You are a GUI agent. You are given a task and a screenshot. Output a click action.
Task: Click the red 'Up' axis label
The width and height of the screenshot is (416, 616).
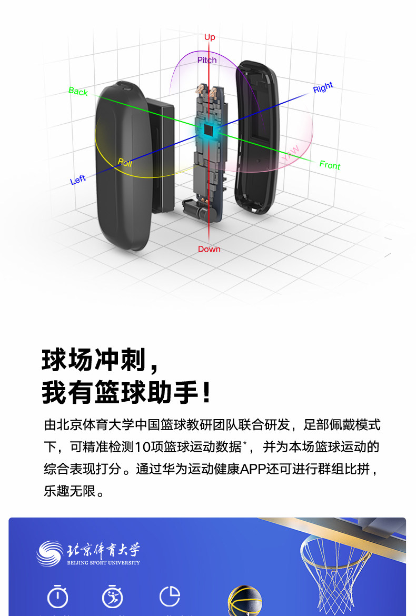click(x=210, y=37)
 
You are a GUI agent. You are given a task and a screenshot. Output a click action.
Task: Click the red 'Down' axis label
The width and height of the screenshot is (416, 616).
click(x=209, y=249)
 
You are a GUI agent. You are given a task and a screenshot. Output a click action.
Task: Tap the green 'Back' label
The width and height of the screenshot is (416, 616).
click(x=78, y=92)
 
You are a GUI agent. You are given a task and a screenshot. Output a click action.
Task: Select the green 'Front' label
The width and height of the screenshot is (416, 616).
click(x=330, y=165)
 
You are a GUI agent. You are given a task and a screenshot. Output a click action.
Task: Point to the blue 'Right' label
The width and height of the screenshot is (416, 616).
click(x=323, y=88)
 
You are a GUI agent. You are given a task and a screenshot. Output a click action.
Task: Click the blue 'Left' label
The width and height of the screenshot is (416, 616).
click(x=78, y=180)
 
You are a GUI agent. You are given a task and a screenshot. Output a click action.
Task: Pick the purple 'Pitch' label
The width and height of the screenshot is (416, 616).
click(x=207, y=60)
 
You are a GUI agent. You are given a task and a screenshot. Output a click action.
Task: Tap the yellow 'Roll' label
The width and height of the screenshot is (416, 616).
click(x=125, y=162)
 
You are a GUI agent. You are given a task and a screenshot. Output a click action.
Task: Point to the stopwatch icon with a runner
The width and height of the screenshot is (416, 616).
click(x=112, y=597)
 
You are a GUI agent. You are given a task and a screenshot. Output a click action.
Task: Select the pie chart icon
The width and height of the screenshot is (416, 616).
click(x=170, y=597)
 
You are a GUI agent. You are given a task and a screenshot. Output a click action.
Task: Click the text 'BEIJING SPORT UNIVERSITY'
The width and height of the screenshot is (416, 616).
click(x=104, y=563)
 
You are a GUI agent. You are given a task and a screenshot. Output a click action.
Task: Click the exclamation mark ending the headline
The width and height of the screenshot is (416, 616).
click(x=207, y=393)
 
